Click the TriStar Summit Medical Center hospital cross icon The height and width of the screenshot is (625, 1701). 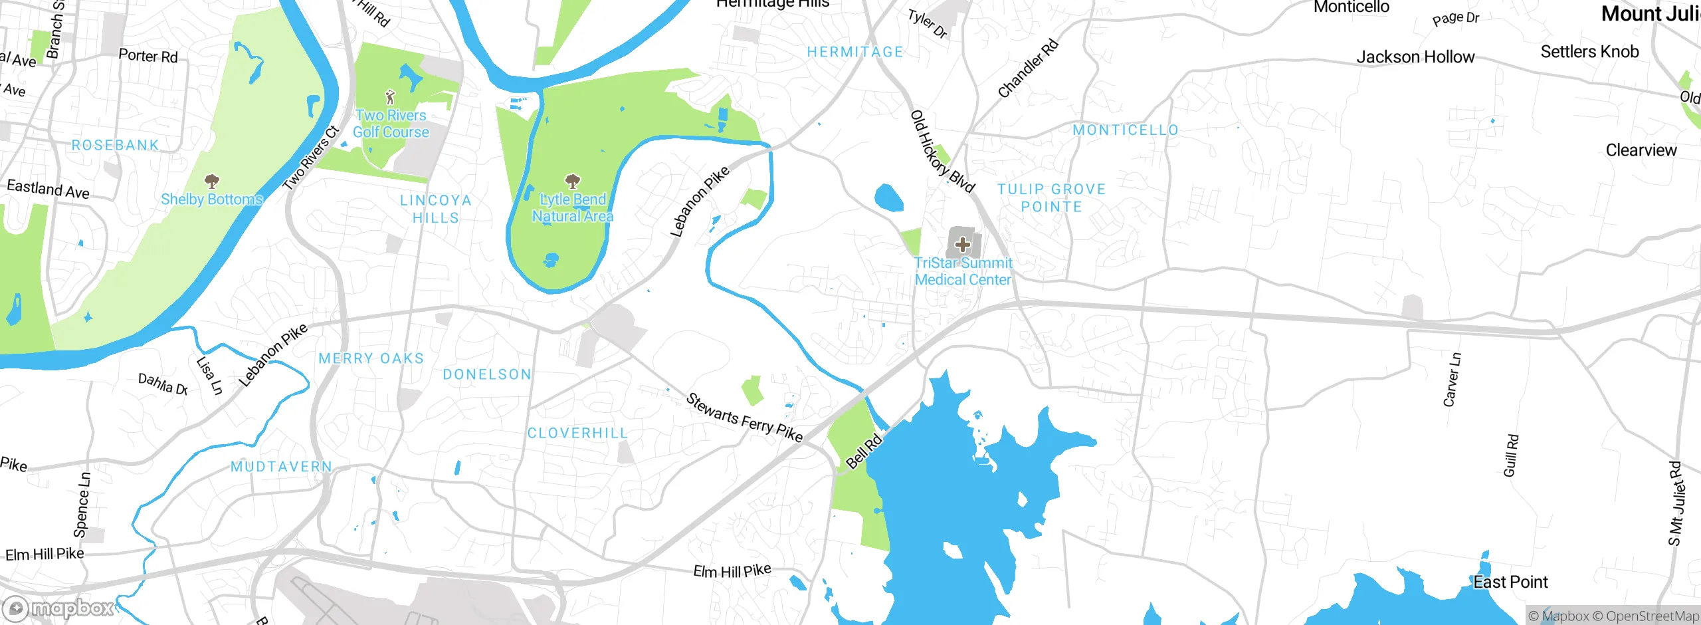click(962, 245)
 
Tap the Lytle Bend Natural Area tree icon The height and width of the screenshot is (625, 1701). click(572, 181)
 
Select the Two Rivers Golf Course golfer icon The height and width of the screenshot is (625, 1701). click(391, 98)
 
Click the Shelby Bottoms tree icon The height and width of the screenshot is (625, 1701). click(212, 181)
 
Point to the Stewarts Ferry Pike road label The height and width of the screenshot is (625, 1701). click(744, 418)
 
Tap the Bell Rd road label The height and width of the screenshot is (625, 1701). click(864, 451)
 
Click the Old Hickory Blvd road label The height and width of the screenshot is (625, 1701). click(942, 152)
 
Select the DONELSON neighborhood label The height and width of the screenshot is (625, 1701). click(487, 374)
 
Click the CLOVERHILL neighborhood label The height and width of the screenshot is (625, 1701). click(577, 433)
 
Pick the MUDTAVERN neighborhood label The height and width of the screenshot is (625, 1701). click(281, 467)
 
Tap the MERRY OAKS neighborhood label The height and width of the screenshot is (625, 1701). click(371, 358)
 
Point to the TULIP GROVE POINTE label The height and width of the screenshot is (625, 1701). click(1051, 198)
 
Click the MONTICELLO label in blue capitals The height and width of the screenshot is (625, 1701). click(1126, 130)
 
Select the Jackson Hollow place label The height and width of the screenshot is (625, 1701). click(1415, 57)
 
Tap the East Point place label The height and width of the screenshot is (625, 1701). click(1510, 582)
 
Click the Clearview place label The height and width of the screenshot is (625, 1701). click(1641, 150)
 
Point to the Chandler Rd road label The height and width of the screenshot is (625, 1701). click(1028, 68)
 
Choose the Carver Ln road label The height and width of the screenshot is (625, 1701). click(1452, 379)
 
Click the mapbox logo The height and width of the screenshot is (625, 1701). click(58, 608)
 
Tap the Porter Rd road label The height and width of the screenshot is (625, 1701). click(148, 56)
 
